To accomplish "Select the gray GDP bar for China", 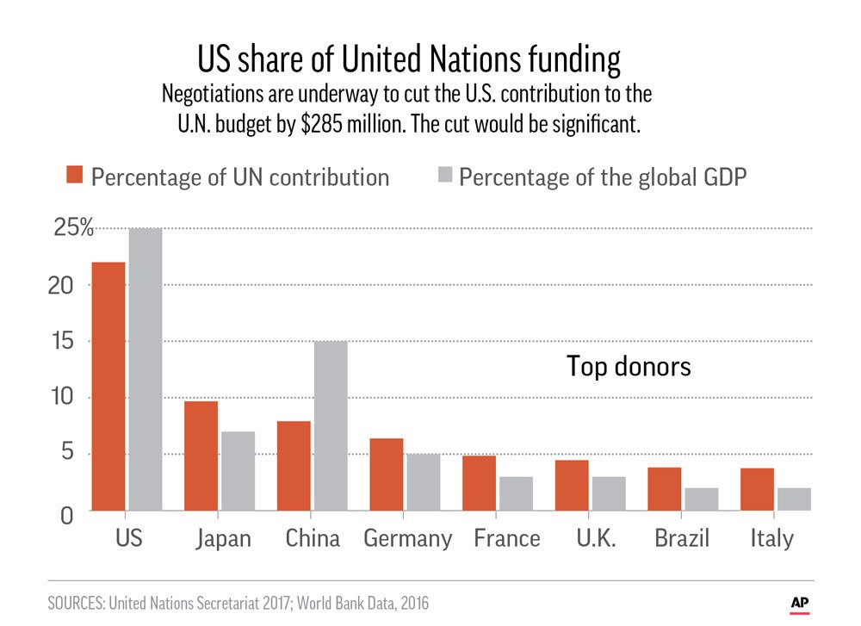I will pyautogui.click(x=331, y=425).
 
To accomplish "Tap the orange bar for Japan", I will pyautogui.click(x=201, y=456).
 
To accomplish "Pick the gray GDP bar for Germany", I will pyautogui.click(x=423, y=482).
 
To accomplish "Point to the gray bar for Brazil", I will pyautogui.click(x=701, y=499).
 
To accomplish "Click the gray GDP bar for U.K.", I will pyautogui.click(x=608, y=493).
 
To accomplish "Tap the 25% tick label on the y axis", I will pyautogui.click(x=72, y=229).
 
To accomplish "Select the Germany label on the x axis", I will pyautogui.click(x=407, y=539).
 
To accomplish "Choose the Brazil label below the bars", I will pyautogui.click(x=681, y=539).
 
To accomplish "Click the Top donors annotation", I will pyautogui.click(x=629, y=367).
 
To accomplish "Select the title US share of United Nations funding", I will pyautogui.click(x=409, y=61).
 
